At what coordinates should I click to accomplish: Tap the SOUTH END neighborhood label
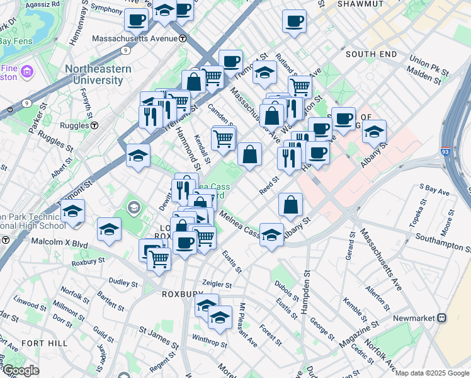(371, 54)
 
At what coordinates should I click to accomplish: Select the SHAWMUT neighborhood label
(360, 4)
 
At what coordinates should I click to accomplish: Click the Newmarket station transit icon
(442, 318)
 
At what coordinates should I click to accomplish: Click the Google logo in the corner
(21, 370)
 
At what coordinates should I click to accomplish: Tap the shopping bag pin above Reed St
(250, 154)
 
